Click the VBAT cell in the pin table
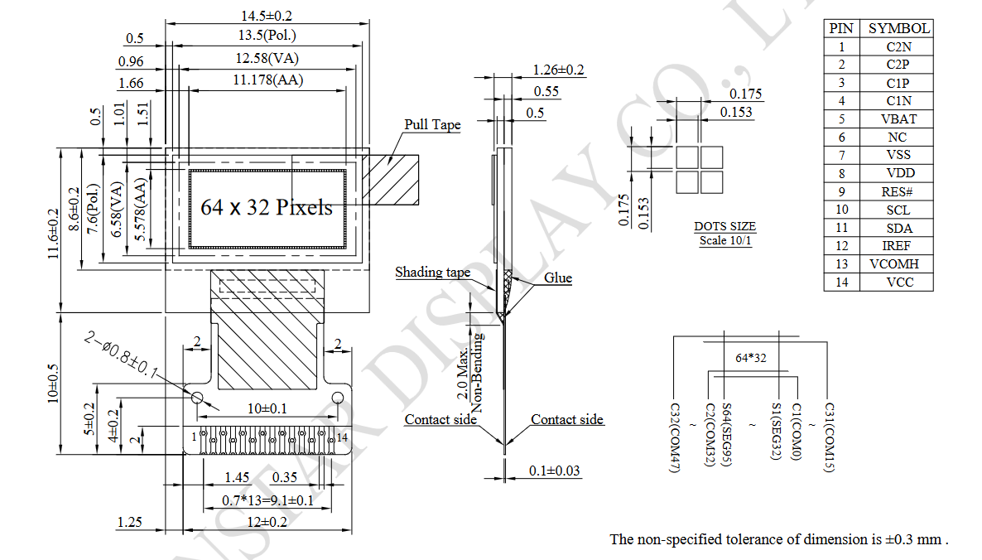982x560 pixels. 898,118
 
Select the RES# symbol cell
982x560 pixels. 898,191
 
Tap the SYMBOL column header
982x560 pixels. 898,28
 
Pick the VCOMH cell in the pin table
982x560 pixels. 898,264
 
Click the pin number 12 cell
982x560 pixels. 841,246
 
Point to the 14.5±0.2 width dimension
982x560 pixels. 267,16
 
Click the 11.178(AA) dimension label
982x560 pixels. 267,80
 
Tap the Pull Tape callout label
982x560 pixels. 432,125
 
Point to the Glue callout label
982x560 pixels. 557,278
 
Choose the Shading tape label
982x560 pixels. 432,273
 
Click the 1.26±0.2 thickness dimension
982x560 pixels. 558,70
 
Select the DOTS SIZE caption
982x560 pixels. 724,227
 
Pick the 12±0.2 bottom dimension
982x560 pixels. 267,521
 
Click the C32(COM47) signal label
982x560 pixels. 674,438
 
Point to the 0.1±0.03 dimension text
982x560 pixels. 554,471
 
